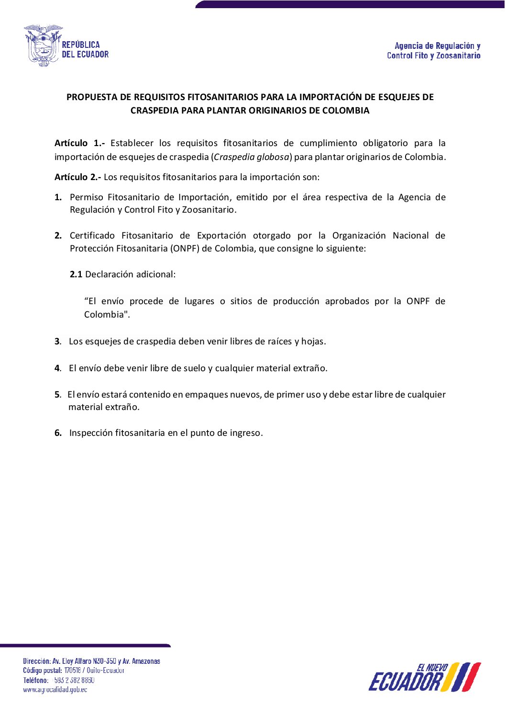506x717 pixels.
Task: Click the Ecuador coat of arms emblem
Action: [x=43, y=46]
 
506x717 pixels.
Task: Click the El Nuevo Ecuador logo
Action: [x=424, y=677]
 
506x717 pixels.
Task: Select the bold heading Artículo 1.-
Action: [x=79, y=143]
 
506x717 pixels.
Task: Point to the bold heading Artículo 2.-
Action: [x=77, y=177]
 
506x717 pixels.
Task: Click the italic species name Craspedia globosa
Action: [x=252, y=157]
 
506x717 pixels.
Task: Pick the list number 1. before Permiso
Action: [x=58, y=197]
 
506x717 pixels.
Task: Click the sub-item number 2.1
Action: [x=76, y=274]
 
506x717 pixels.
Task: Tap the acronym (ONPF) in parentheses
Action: [x=185, y=249]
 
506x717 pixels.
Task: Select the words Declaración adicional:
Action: [x=131, y=274]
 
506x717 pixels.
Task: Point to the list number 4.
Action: [x=57, y=368]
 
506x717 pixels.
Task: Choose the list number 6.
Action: [x=58, y=433]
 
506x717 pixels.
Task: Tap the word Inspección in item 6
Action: [x=92, y=433]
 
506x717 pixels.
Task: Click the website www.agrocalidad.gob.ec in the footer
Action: [x=55, y=690]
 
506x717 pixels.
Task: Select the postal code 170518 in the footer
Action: [x=73, y=671]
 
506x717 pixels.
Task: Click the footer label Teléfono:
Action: [x=35, y=680]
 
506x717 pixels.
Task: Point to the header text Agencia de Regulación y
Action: [x=437, y=46]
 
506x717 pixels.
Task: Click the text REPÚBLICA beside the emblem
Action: [x=81, y=45]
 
